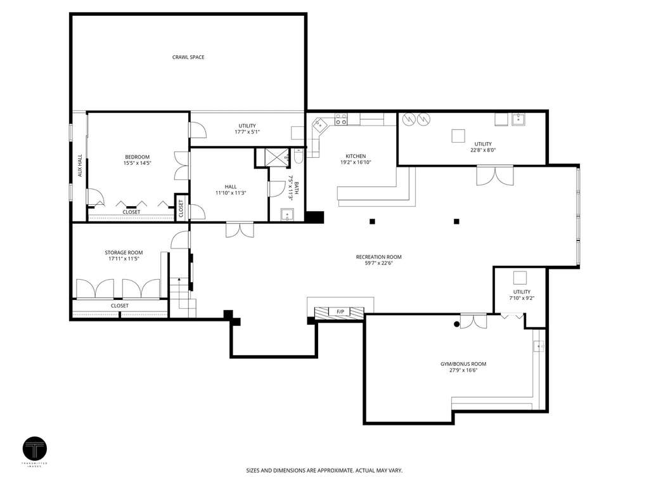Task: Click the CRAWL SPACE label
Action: (x=188, y=57)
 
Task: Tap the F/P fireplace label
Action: (x=340, y=311)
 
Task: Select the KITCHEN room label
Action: (x=356, y=156)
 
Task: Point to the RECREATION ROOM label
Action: (x=379, y=257)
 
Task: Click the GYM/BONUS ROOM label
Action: (x=463, y=364)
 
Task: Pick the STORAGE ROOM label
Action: (x=124, y=252)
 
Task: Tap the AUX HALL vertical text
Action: (x=80, y=166)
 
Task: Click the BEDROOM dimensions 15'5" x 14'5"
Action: (x=138, y=163)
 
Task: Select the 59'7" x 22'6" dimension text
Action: (x=379, y=263)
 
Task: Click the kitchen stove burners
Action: (x=341, y=120)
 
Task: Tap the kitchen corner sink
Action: (x=319, y=124)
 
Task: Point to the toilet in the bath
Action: (x=299, y=157)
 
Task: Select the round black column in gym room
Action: (x=456, y=324)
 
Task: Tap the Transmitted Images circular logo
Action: (x=35, y=449)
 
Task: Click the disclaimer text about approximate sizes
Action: (x=324, y=471)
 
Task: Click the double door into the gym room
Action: (x=473, y=321)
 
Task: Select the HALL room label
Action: (x=231, y=187)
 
